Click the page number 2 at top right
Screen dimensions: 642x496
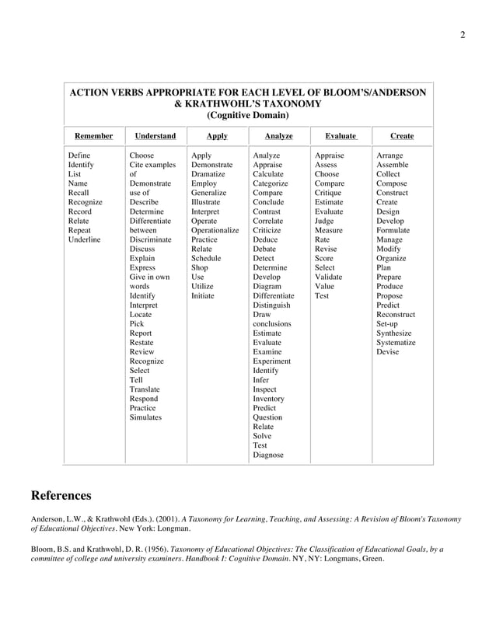[x=463, y=35]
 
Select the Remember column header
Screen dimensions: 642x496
[x=93, y=136]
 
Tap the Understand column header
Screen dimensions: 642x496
[x=155, y=136]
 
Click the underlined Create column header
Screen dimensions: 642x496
[x=401, y=136]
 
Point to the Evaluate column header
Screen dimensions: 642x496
[x=341, y=136]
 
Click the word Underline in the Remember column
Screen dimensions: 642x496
[x=85, y=239]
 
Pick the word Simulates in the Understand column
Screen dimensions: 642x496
[x=145, y=417]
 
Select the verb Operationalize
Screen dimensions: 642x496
[x=215, y=230]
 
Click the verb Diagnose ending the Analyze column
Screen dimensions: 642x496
[x=268, y=455]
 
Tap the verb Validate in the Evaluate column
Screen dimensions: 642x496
[x=329, y=277]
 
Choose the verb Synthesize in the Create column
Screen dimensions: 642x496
[x=395, y=333]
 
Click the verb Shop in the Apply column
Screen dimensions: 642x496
[x=200, y=267]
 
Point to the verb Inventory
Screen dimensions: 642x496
[x=269, y=399]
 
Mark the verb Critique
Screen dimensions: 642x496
[x=328, y=193]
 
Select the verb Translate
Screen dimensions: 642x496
[x=145, y=389]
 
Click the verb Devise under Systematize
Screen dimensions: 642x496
[x=387, y=351]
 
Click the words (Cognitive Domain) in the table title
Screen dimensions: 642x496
[x=247, y=115]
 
